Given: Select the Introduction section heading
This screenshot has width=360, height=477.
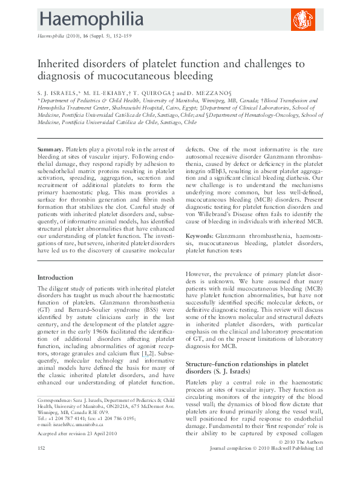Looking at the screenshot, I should pyautogui.click(x=56, y=277).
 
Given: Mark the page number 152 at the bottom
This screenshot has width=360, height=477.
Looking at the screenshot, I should pyautogui.click(x=42, y=465).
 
